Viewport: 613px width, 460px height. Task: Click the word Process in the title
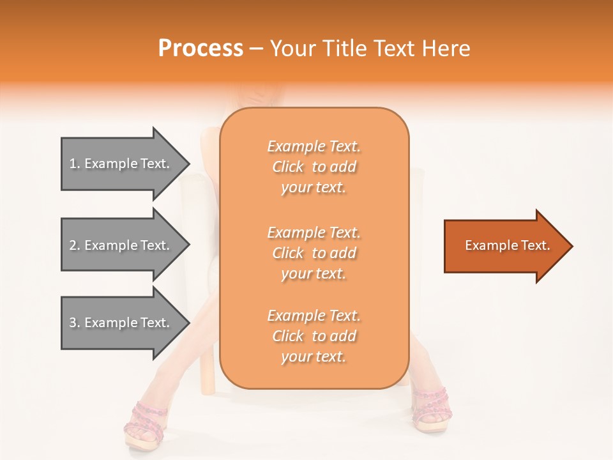pyautogui.click(x=201, y=49)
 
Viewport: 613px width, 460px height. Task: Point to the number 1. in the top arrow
pyautogui.click(x=75, y=164)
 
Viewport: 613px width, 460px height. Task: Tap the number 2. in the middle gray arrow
pyautogui.click(x=75, y=245)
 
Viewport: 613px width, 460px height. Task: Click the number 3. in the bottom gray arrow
pyautogui.click(x=75, y=323)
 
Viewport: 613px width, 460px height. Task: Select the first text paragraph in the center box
pyautogui.click(x=314, y=167)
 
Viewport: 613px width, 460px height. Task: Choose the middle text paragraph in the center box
pyautogui.click(x=314, y=253)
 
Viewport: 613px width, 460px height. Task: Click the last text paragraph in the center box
pyautogui.click(x=314, y=336)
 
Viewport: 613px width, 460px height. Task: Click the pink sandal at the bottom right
pyautogui.click(x=430, y=409)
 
